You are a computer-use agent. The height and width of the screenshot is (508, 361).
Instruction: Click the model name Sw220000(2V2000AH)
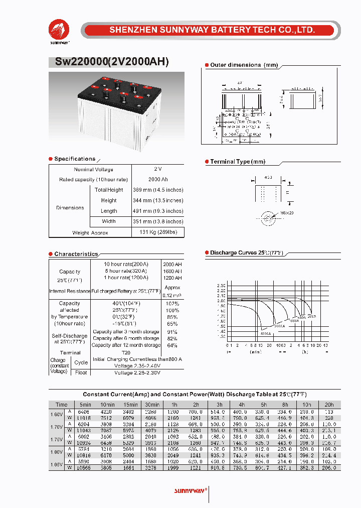click(x=108, y=62)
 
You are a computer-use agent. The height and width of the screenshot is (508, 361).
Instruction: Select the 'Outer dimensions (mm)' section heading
click(x=243, y=65)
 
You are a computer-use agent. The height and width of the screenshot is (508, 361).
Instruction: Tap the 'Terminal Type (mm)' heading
click(x=237, y=162)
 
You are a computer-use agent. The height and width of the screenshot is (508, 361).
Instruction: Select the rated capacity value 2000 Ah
click(x=158, y=180)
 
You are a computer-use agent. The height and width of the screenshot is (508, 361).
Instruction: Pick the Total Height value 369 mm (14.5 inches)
click(x=158, y=190)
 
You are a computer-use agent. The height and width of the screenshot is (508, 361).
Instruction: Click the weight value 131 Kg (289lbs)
click(x=158, y=232)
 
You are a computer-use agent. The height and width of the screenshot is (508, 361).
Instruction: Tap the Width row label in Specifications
click(x=109, y=221)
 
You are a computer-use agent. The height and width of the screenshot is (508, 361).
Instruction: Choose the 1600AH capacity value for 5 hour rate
click(x=172, y=271)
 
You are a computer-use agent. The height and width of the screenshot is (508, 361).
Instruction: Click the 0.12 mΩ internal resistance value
click(x=172, y=295)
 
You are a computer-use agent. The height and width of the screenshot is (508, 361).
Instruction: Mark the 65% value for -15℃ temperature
click(x=172, y=324)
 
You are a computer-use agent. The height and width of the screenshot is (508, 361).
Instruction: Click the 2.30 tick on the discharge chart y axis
click(x=221, y=286)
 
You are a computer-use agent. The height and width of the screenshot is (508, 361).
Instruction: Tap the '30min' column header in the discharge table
click(x=151, y=405)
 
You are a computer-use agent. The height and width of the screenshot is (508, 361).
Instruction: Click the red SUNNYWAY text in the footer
click(x=190, y=490)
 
